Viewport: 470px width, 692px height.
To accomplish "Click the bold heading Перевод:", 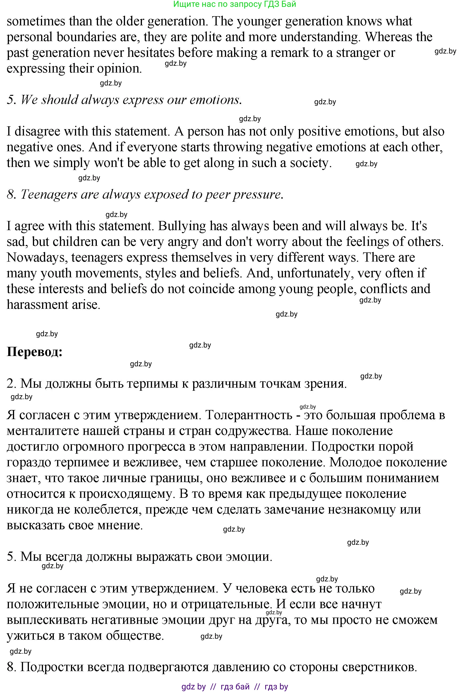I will tap(35, 352).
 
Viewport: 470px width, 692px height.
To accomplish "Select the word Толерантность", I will tap(249, 415).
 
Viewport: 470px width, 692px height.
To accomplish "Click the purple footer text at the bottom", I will tap(235, 687).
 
